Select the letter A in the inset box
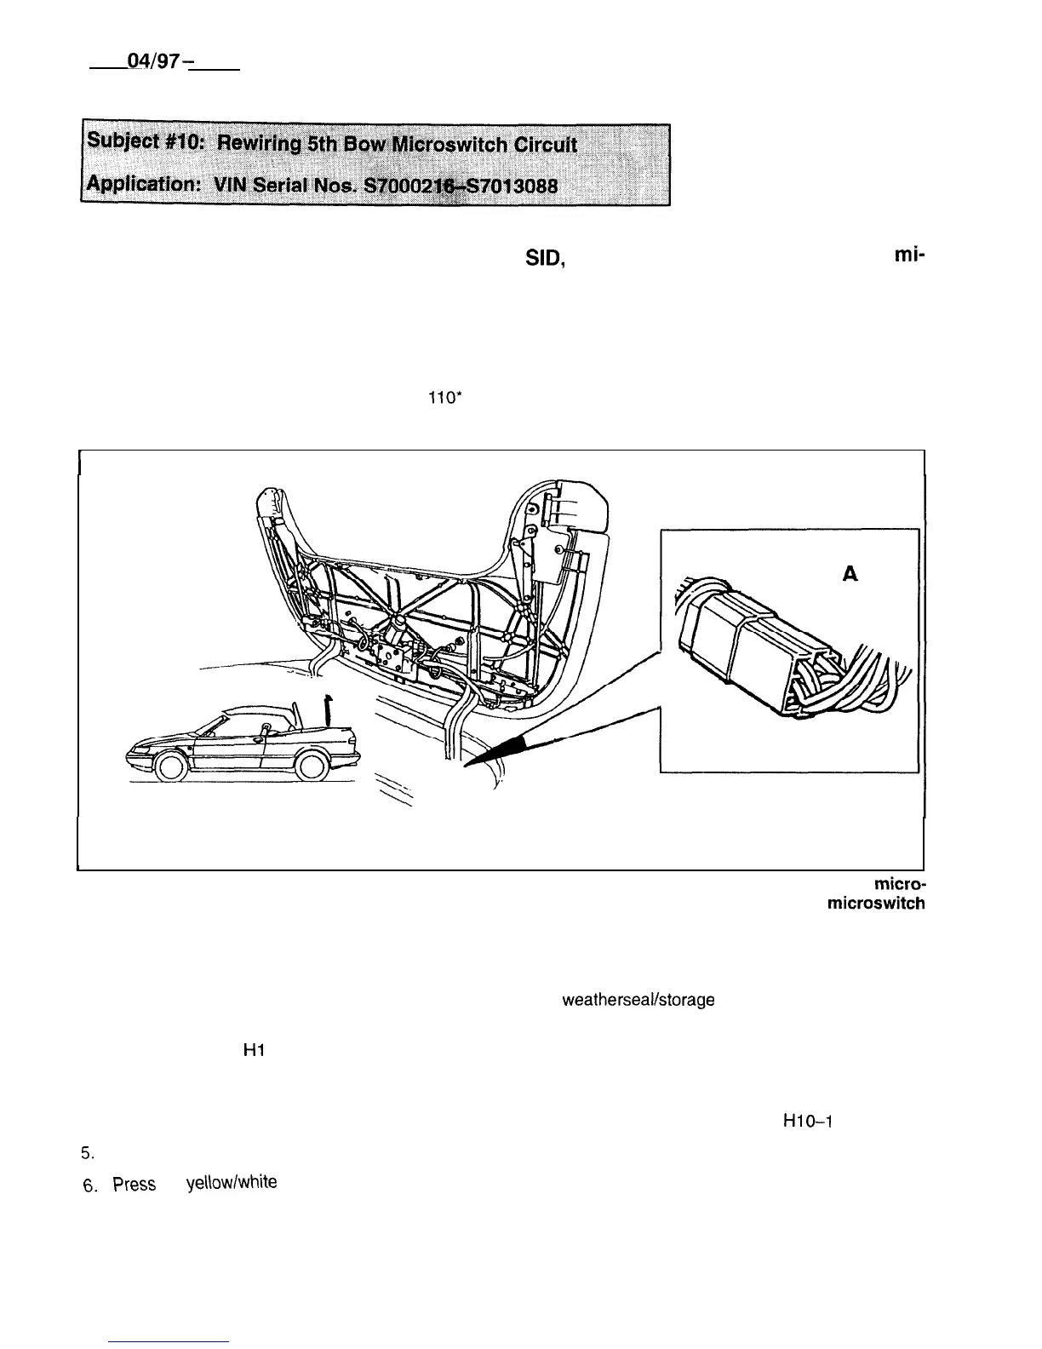point(849,575)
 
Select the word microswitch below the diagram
point(876,904)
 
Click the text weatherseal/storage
point(638,1000)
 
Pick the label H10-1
point(805,1121)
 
